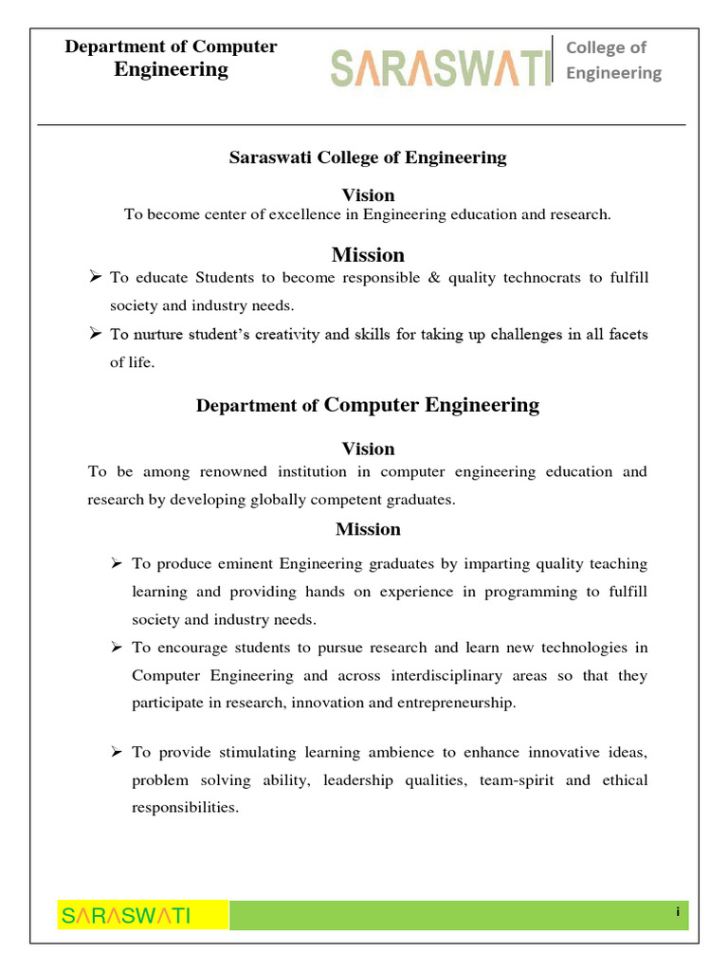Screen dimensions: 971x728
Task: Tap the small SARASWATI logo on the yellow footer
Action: coord(126,915)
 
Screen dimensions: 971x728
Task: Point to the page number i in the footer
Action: coord(678,911)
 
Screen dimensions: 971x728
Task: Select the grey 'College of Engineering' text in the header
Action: coord(613,60)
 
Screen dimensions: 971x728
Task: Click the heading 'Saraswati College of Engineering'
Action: coord(368,157)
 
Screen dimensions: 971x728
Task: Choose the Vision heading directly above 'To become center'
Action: coord(368,195)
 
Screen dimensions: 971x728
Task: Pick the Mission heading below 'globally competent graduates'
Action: coord(368,529)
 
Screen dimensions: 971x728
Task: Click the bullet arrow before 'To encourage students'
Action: coord(117,647)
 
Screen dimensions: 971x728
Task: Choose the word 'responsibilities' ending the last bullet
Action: coord(184,808)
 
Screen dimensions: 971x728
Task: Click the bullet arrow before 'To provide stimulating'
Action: coord(117,752)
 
